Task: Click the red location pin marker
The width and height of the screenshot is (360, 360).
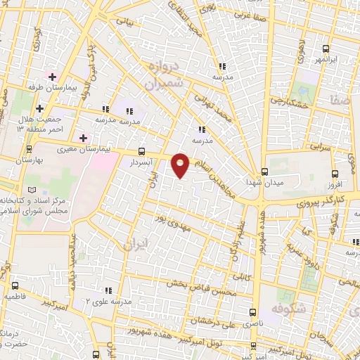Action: coord(181,165)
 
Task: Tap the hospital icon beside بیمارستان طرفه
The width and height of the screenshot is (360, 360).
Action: coord(52,77)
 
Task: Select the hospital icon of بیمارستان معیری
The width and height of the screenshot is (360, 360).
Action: coord(83,138)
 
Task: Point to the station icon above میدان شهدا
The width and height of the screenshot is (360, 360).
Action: coord(264,172)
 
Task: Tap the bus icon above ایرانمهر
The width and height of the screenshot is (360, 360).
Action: coord(325,49)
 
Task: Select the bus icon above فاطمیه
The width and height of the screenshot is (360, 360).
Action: coord(15,286)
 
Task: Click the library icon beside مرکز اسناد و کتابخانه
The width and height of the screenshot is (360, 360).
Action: coord(30,191)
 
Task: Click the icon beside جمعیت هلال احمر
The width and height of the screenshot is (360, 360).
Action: coord(40,108)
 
